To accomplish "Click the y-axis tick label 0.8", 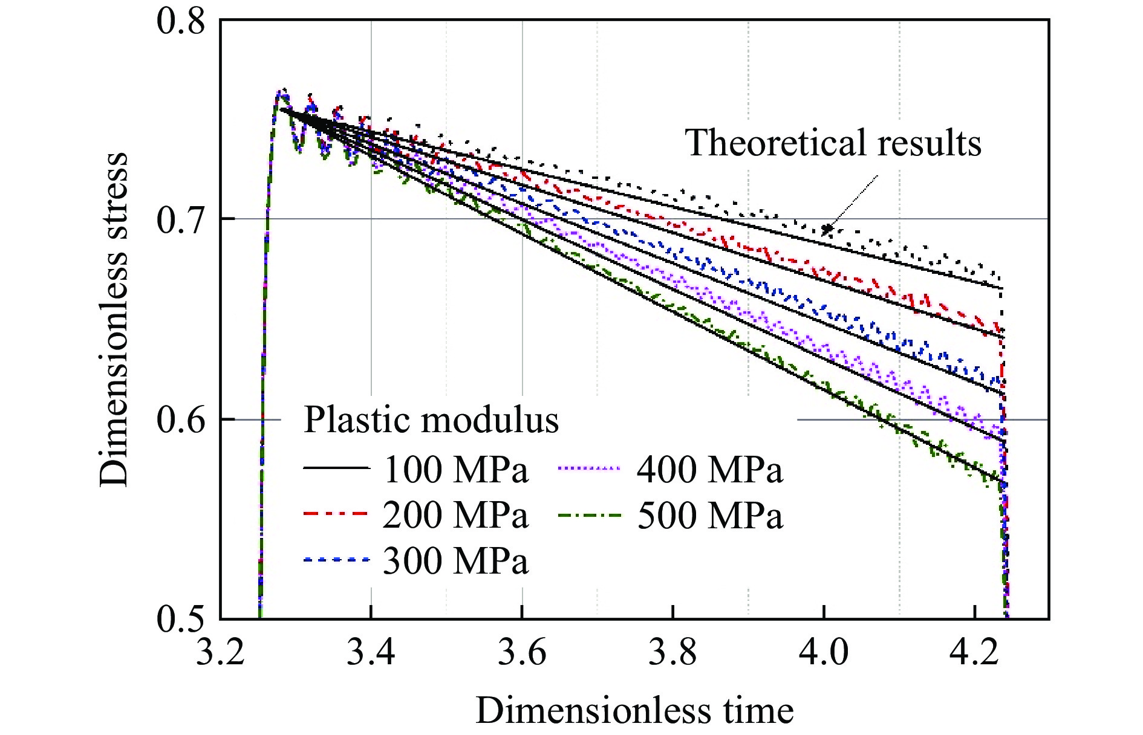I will tap(181, 21).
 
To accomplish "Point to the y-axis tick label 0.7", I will tap(181, 219).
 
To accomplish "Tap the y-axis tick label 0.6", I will tap(181, 419).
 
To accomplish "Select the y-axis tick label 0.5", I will tap(181, 618).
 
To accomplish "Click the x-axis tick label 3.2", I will tap(220, 653).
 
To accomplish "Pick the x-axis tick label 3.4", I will tap(371, 653).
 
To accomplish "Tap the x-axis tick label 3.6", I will tap(521, 653).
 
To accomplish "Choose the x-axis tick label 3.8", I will tap(672, 653).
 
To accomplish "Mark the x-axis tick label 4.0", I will tap(823, 653).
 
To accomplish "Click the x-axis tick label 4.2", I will tap(974, 653).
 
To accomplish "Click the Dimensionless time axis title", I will tap(634, 710).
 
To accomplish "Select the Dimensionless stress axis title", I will tap(114, 319).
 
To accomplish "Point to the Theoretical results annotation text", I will tap(833, 143).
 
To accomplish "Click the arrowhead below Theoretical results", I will tap(827, 229).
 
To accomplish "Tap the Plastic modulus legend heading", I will tap(431, 419).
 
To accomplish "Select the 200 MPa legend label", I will tap(456, 515).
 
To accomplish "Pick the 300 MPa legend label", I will tap(456, 561).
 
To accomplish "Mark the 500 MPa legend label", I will tap(710, 515).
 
